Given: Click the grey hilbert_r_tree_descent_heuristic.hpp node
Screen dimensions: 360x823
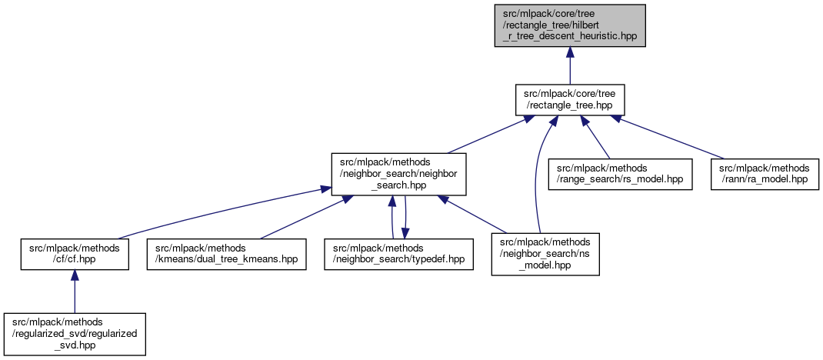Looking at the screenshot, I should pyautogui.click(x=569, y=25).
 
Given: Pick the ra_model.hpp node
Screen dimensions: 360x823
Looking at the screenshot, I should pyautogui.click(x=764, y=174).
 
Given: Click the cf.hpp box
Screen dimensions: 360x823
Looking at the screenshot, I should pyautogui.click(x=74, y=254).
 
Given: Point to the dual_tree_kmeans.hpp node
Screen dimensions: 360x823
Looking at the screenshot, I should pyautogui.click(x=225, y=254).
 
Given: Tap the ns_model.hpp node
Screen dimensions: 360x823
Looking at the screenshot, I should pyautogui.click(x=541, y=254).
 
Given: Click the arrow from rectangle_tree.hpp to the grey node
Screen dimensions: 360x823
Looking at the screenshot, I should pyautogui.click(x=569, y=65).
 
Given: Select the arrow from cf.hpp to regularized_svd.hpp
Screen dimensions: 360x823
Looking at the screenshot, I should pyautogui.click(x=74, y=292).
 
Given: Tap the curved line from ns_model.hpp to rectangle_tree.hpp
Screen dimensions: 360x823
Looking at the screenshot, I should pyautogui.click(x=536, y=177).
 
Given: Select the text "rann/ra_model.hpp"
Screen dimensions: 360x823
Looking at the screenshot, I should pyautogui.click(x=764, y=179).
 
